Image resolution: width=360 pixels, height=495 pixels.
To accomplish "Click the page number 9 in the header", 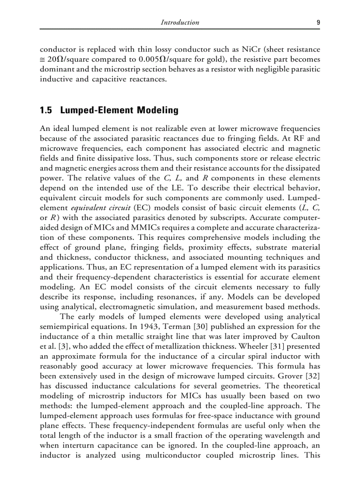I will click(x=318, y=22).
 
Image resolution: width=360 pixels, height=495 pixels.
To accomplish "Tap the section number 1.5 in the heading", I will click(x=46, y=111).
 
